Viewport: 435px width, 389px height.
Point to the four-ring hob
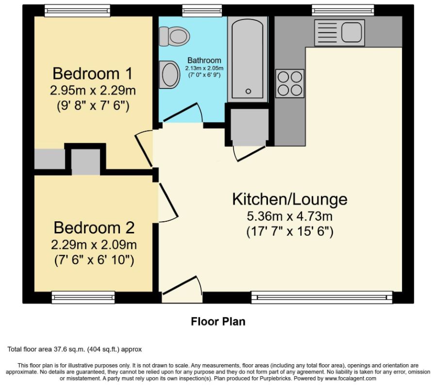tap(290, 83)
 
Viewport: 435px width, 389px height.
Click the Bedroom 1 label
tap(92, 74)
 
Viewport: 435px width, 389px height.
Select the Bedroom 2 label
tap(94, 228)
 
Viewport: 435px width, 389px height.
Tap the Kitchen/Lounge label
tap(289, 199)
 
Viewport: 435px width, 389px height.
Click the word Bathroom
tap(204, 61)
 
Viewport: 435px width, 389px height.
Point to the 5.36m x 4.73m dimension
tap(289, 216)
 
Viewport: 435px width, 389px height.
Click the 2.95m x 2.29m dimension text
tap(92, 90)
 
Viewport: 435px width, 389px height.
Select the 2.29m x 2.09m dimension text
tap(94, 245)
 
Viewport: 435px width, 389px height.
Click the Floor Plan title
tap(217, 321)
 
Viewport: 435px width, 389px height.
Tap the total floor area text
tap(74, 349)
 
